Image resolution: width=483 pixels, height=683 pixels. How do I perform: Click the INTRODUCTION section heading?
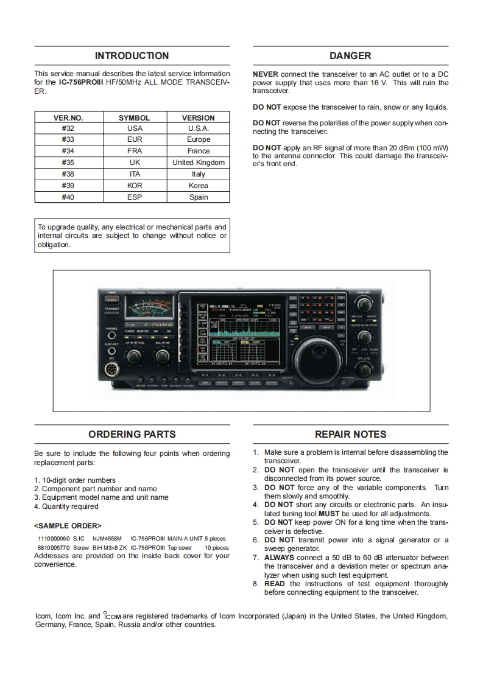coord(132,55)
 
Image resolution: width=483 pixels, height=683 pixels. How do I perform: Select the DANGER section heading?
coord(350,55)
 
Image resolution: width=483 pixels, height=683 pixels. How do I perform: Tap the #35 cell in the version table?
coord(68,163)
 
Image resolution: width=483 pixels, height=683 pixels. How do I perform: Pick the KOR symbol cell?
coord(135,186)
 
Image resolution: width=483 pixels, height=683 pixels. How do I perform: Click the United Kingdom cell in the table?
coord(199,163)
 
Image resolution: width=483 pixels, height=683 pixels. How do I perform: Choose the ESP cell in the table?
coord(135,197)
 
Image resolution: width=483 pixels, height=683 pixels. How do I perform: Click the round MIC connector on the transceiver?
coord(111,368)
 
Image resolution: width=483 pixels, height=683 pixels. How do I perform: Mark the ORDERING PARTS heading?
coord(132,434)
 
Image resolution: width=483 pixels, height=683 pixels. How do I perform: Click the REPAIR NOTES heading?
coord(350,434)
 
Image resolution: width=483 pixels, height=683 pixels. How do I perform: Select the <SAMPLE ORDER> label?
coord(68,525)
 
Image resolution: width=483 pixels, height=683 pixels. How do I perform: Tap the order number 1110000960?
coord(53,539)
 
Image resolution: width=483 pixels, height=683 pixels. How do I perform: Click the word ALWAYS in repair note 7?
coord(279,558)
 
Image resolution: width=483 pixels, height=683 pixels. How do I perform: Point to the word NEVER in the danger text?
coord(266,74)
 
